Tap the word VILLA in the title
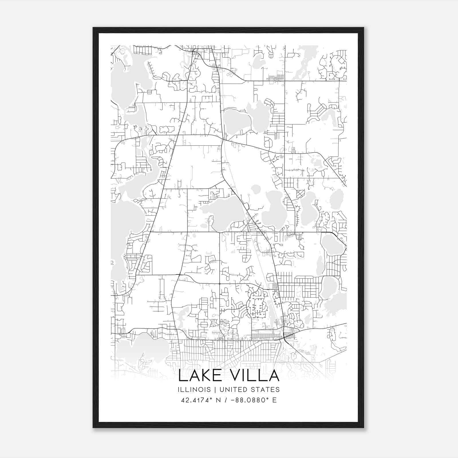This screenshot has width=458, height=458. coord(252,376)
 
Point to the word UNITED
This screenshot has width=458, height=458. coord(227,390)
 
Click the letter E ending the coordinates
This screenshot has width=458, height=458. coord(274,400)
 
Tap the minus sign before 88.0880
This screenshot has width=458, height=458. coord(232,400)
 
